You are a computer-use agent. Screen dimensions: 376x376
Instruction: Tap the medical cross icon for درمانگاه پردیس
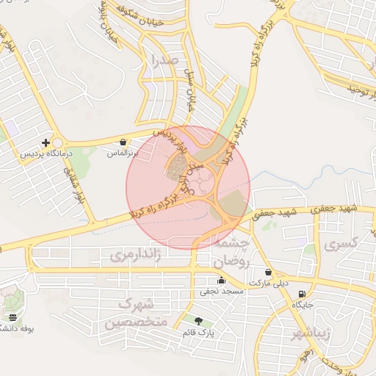pyautogui.click(x=46, y=142)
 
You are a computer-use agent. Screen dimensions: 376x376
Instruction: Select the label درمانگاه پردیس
pyautogui.click(x=37, y=154)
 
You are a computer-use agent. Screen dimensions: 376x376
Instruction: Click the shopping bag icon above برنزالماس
pyautogui.click(x=123, y=142)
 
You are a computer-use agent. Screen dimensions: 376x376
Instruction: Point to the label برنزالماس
pyautogui.click(x=123, y=154)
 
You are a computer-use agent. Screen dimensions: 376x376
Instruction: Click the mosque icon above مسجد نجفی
pyautogui.click(x=221, y=280)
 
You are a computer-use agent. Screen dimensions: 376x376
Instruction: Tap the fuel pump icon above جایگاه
pyautogui.click(x=303, y=293)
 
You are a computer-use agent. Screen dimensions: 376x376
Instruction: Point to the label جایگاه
pyautogui.click(x=303, y=304)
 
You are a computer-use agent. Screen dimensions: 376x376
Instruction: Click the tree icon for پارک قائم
pyautogui.click(x=198, y=320)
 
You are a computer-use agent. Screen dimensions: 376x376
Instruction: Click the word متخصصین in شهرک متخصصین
pyautogui.click(x=136, y=322)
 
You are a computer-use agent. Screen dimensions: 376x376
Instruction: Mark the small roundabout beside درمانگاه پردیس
pyautogui.click(x=59, y=143)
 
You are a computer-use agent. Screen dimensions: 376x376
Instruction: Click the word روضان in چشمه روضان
pyautogui.click(x=232, y=261)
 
